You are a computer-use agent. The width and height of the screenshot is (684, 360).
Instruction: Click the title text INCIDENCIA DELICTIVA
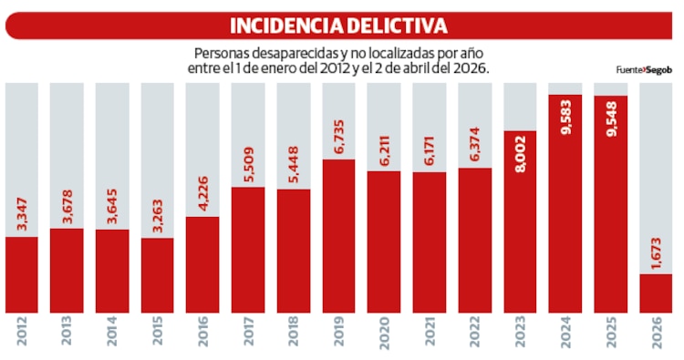coord(338,26)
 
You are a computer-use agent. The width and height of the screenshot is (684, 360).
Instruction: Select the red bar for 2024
coord(565,210)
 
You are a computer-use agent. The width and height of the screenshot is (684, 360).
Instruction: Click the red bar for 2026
coord(656,293)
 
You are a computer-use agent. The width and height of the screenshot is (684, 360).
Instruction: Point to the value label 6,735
coord(338,137)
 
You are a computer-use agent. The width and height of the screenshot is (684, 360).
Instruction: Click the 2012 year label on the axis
coord(22,336)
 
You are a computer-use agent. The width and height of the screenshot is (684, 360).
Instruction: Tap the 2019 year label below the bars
coord(338,336)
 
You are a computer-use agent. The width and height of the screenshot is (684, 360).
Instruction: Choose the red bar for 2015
coord(158,275)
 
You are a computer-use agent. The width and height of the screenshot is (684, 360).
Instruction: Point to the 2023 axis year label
coord(520,336)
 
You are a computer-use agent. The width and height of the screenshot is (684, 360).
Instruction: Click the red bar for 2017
coord(248,250)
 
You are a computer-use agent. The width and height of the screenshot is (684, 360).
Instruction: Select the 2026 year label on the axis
coord(656,336)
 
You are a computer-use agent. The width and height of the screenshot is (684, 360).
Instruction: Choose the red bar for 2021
coord(429,242)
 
